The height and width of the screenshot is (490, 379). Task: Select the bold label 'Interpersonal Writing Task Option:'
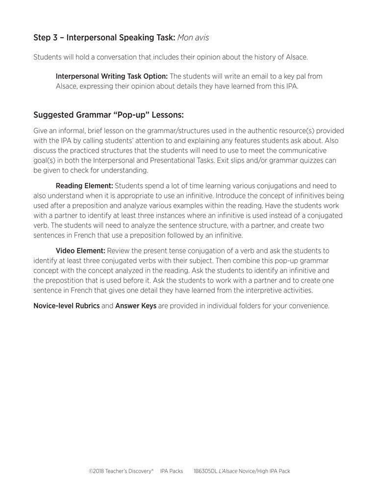pyautogui.click(x=112, y=76)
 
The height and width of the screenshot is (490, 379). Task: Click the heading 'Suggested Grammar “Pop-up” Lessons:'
pyautogui.click(x=108, y=116)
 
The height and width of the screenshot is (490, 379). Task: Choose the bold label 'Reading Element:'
pyautogui.click(x=84, y=186)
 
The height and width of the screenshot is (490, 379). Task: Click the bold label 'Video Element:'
pyautogui.click(x=80, y=250)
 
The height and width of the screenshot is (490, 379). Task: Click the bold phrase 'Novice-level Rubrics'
pyautogui.click(x=66, y=306)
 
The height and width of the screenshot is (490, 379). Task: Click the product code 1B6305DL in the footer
pyautogui.click(x=206, y=471)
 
